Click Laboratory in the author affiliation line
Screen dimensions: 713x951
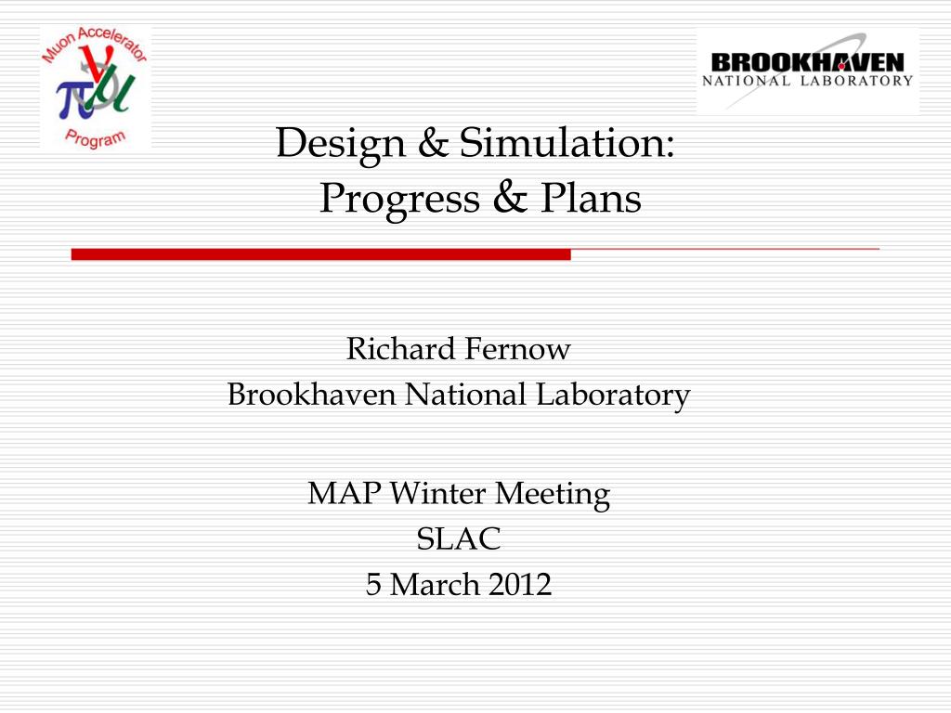[612, 395]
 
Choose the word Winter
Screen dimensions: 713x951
[439, 493]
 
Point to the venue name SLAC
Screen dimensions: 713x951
[459, 538]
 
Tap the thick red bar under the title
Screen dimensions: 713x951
[320, 254]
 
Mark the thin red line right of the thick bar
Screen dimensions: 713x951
[724, 250]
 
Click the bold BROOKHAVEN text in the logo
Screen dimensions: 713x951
[807, 62]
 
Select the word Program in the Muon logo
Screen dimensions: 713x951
[95, 136]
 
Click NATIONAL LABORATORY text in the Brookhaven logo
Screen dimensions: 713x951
[807, 81]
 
